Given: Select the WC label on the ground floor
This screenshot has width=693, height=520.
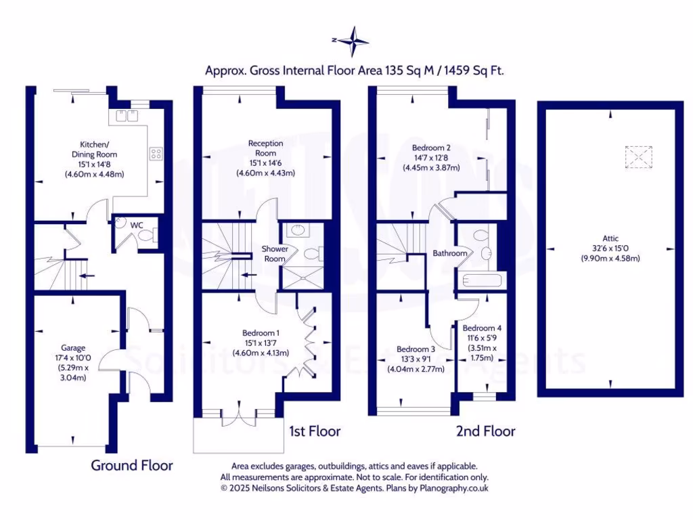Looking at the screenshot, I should coord(135,223).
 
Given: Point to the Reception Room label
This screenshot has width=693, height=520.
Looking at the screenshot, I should coord(265,148).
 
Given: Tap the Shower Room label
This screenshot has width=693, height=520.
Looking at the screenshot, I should coord(275,253).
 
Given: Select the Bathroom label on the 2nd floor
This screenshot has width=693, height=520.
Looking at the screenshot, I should coord(450,253).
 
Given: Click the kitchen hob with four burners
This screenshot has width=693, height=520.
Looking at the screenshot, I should coord(156,154).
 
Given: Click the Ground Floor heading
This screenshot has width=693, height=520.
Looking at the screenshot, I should coord(132,466).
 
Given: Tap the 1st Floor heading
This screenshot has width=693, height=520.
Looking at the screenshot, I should coord(315,431).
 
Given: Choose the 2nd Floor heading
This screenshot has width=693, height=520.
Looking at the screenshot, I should coord(485,431).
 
